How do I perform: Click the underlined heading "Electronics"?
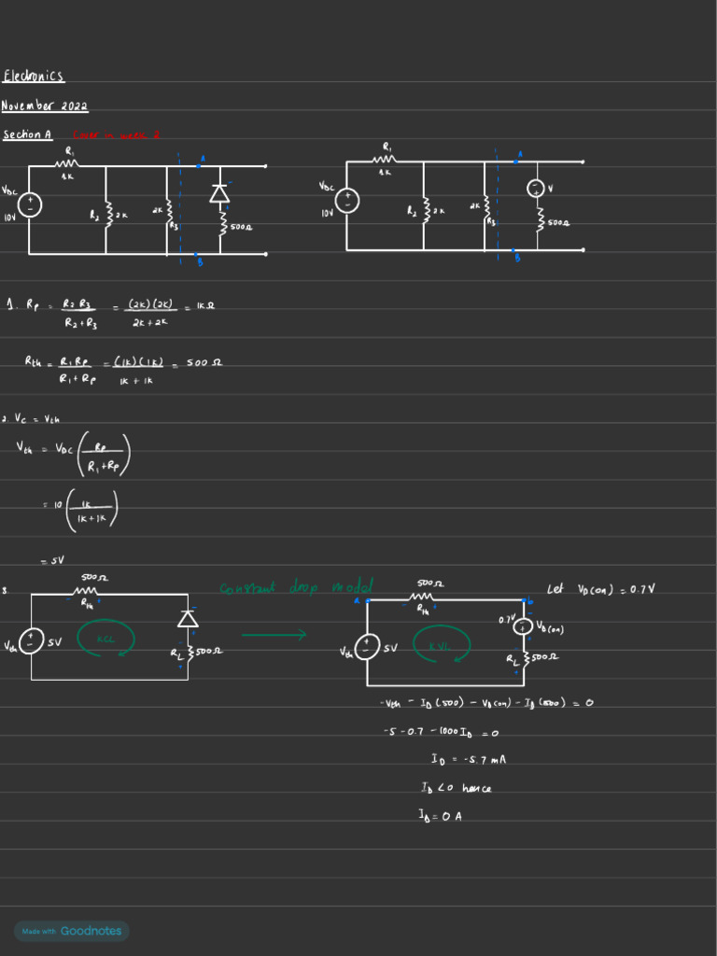pyautogui.click(x=34, y=76)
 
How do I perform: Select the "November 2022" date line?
pyautogui.click(x=45, y=105)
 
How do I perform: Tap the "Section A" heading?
pyautogui.click(x=27, y=134)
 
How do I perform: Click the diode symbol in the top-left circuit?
pyautogui.click(x=220, y=193)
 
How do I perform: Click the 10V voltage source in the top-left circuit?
pyautogui.click(x=29, y=206)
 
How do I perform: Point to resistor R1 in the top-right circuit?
pyautogui.click(x=386, y=161)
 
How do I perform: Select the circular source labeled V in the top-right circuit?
pyautogui.click(x=537, y=189)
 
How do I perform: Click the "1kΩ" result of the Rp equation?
pyautogui.click(x=205, y=304)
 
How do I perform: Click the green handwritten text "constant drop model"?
pyautogui.click(x=296, y=587)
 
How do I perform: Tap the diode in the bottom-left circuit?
pyautogui.click(x=189, y=618)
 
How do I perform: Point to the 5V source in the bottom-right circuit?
pyautogui.click(x=368, y=647)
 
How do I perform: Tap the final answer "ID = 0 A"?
pyautogui.click(x=441, y=816)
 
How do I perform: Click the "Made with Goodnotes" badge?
pyautogui.click(x=72, y=931)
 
